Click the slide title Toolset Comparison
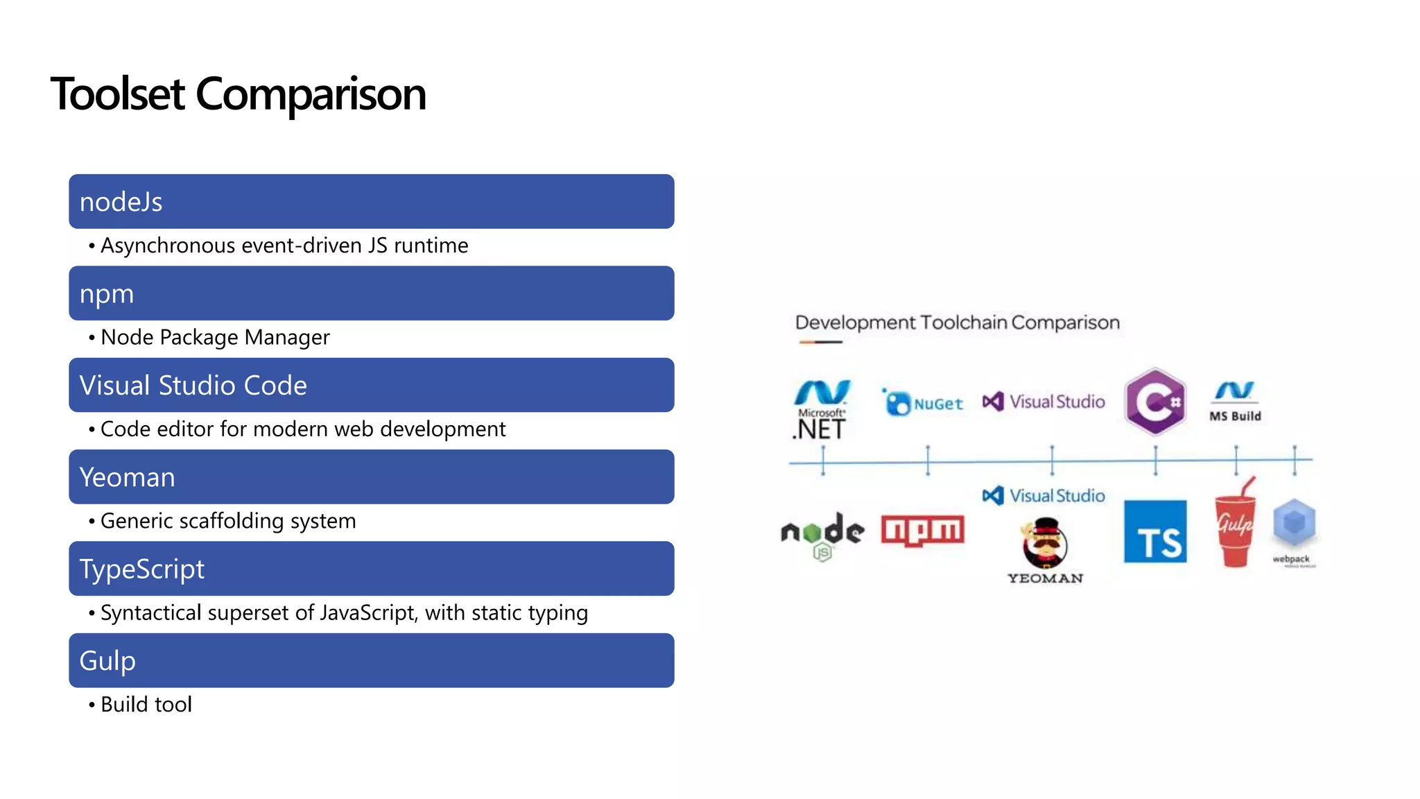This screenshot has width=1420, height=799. point(238,94)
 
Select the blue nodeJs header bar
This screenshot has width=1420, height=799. point(371,202)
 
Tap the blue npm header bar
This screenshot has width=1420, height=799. point(371,293)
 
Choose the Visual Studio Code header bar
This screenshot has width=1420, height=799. point(371,385)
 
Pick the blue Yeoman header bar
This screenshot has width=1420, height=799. point(371,477)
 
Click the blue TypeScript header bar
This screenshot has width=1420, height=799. point(371,569)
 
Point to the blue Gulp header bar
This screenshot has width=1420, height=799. point(371,660)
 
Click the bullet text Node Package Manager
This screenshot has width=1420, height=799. point(215,338)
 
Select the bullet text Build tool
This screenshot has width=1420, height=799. point(146,705)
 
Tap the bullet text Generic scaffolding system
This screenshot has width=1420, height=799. point(228,521)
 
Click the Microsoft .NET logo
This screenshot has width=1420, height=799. point(822,409)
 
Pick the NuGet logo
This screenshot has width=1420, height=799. point(924,402)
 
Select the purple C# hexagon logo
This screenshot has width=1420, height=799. point(1155,402)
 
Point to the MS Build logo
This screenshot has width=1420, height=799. point(1235,401)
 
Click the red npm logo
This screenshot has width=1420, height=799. point(922,531)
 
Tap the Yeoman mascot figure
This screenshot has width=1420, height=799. point(1045,543)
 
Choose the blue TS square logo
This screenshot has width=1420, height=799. point(1155,532)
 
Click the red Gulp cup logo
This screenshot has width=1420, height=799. point(1235,525)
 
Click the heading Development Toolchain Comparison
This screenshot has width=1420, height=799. point(957,323)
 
